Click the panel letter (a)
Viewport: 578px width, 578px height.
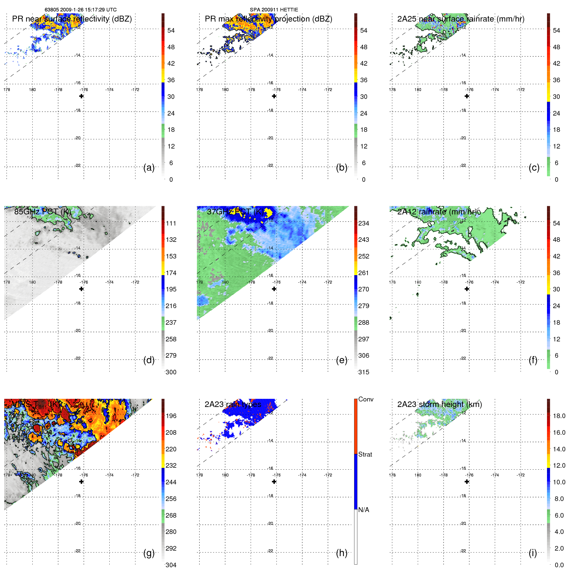[148, 168]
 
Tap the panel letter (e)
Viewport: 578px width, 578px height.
[341, 360]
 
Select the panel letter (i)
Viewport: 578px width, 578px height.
[533, 553]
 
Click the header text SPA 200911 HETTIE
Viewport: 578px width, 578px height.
[274, 10]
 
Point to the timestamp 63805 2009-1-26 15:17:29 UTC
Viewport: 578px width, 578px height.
[81, 10]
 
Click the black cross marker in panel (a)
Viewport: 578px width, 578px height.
[81, 96]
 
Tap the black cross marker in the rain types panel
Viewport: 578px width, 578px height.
[274, 482]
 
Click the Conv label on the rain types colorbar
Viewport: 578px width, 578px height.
[366, 399]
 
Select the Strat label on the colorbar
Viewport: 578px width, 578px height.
[365, 454]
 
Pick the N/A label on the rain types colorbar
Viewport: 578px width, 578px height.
[364, 510]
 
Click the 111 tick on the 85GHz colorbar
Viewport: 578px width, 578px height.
[171, 223]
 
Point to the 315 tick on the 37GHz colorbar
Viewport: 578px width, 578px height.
[364, 372]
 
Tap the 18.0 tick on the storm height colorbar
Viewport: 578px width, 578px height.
[559, 416]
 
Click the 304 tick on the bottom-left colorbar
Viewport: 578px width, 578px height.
[171, 565]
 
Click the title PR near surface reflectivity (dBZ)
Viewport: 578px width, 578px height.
[72, 19]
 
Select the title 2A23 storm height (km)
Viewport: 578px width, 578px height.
[439, 404]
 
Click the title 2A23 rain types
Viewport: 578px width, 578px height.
[233, 404]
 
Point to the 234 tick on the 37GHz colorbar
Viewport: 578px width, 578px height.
[364, 223]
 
